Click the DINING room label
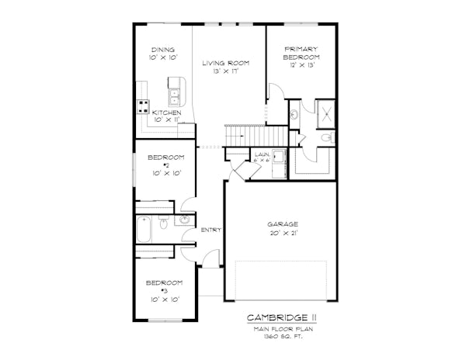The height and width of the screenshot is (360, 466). (x=163, y=50)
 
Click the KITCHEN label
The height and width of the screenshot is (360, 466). (x=166, y=113)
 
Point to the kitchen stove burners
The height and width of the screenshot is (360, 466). (x=143, y=106)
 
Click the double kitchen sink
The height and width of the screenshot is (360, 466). (x=176, y=97)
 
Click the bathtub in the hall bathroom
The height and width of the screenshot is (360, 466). (x=145, y=230)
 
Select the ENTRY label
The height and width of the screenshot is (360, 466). (x=210, y=230)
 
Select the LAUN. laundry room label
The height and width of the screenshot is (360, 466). (x=262, y=155)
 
